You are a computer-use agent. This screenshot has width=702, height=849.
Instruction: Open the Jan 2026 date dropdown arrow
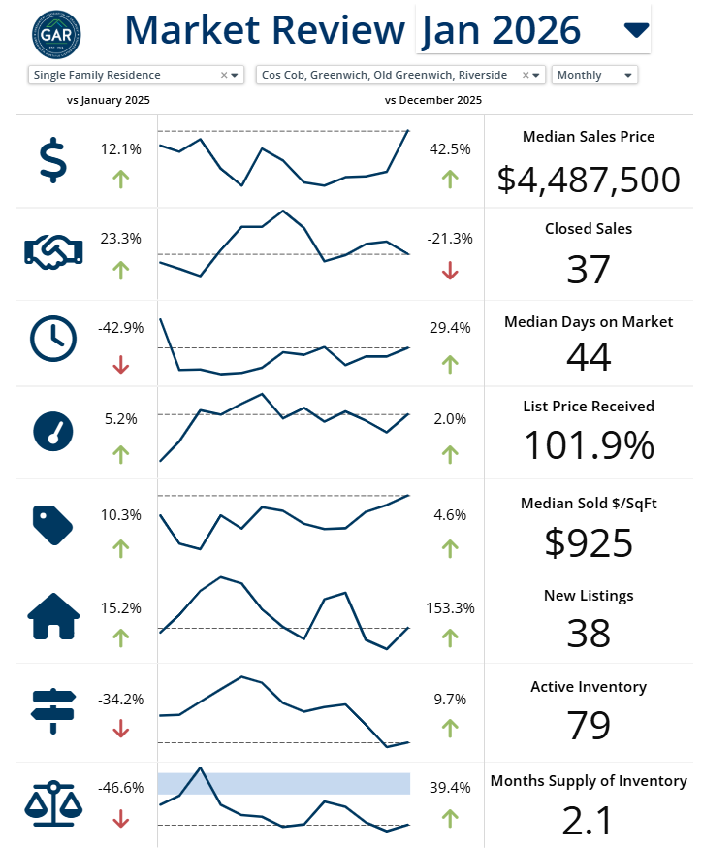pos(635,30)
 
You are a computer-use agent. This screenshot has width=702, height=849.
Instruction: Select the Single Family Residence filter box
pos(135,75)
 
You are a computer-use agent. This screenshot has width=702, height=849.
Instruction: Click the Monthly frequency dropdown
pos(594,75)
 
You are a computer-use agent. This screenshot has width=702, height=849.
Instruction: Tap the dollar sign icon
pos(54,160)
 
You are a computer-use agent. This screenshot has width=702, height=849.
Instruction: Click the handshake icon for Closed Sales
pos(54,250)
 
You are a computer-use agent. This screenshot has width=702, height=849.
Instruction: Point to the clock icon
pos(54,338)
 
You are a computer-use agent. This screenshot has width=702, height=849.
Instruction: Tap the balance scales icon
pos(54,801)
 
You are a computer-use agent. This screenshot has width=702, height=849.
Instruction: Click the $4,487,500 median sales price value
pos(589,180)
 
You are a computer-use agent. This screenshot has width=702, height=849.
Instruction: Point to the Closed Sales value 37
pos(589,270)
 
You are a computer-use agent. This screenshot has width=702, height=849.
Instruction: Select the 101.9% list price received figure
pos(589,445)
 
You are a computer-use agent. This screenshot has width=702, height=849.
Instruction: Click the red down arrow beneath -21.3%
pos(450,272)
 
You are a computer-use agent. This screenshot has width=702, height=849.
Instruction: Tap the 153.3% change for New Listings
pos(450,608)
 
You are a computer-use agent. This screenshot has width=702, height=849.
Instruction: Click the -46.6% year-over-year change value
pos(121,788)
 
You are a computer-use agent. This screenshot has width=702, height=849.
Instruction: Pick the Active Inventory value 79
pos(589,726)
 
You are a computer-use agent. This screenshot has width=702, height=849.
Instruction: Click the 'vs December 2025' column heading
pos(433,100)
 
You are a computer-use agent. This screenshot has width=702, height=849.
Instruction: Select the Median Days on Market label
pos(589,322)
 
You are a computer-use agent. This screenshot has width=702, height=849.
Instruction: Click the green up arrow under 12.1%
pos(121,179)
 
